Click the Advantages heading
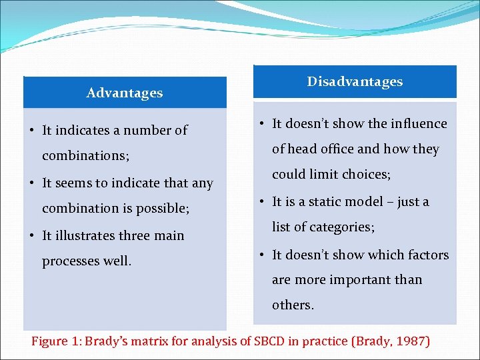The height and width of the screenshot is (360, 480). pos(125,93)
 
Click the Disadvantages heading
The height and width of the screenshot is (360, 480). pos(355,81)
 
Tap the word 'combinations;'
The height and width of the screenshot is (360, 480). pos(85,156)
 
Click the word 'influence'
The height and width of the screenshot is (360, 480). pos(419,123)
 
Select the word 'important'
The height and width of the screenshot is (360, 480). pos(361,279)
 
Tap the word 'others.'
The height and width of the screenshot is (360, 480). pos(293,305)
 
